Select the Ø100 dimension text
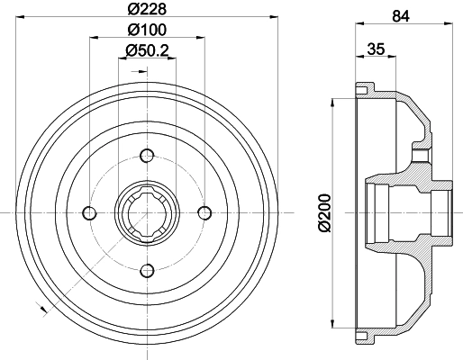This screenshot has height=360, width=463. click(146, 30)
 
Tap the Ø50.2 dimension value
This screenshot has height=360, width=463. click(149, 50)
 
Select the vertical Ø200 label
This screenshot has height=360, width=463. click(324, 212)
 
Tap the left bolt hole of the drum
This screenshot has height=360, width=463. click(89, 212)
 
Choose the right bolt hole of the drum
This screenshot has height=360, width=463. click(204, 212)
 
